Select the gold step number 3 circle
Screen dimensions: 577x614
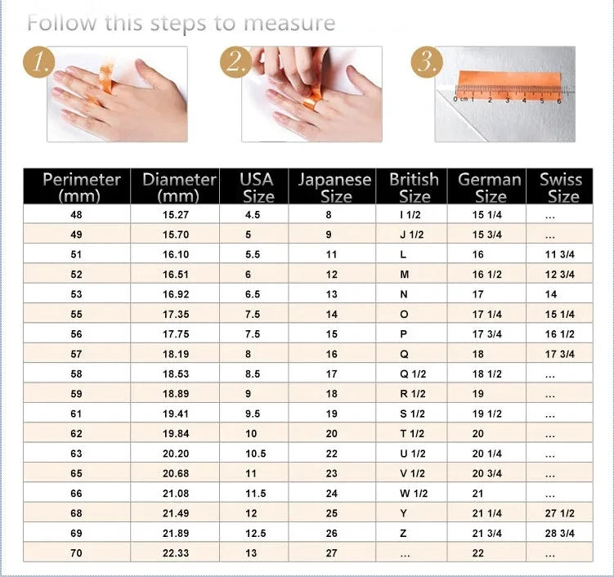tap(427, 63)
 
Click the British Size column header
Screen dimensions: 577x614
tap(414, 187)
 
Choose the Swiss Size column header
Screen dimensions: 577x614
tap(561, 187)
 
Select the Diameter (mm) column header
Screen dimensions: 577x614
tap(179, 187)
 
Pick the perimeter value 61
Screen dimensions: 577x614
tap(77, 414)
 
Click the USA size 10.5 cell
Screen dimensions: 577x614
tap(254, 454)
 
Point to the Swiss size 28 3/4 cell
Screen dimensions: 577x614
tap(560, 533)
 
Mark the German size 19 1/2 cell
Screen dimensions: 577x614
tap(487, 414)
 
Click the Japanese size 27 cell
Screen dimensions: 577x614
tap(331, 553)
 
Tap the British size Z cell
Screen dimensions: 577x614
tap(403, 533)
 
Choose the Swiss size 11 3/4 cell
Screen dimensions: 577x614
tap(560, 254)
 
